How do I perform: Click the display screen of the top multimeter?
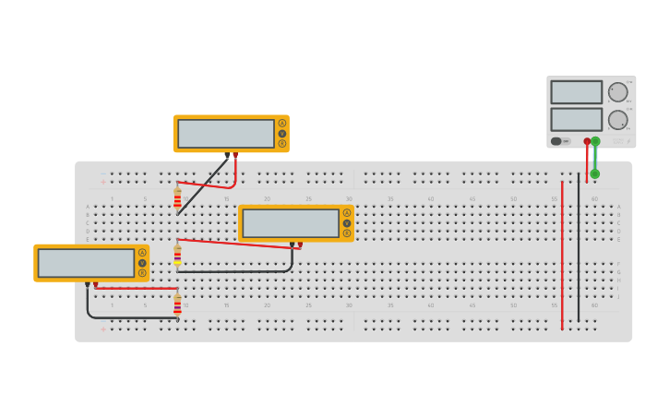(x=226, y=134)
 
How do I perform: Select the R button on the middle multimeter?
(x=347, y=233)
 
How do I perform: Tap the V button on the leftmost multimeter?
(x=142, y=263)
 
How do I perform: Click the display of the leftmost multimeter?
(x=86, y=263)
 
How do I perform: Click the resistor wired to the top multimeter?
(x=177, y=199)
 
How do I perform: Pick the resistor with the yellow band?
(x=177, y=255)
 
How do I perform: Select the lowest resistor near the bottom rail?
(x=177, y=305)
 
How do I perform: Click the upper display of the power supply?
(x=576, y=92)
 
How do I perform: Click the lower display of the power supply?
(x=576, y=120)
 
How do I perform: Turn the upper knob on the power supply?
(x=617, y=92)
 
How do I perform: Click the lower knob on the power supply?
(x=617, y=120)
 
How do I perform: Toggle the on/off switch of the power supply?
(x=556, y=141)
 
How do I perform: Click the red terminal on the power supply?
(x=587, y=141)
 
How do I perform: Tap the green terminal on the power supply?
(x=595, y=141)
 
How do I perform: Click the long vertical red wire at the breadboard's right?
(x=562, y=258)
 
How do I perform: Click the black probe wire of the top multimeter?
(x=203, y=185)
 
